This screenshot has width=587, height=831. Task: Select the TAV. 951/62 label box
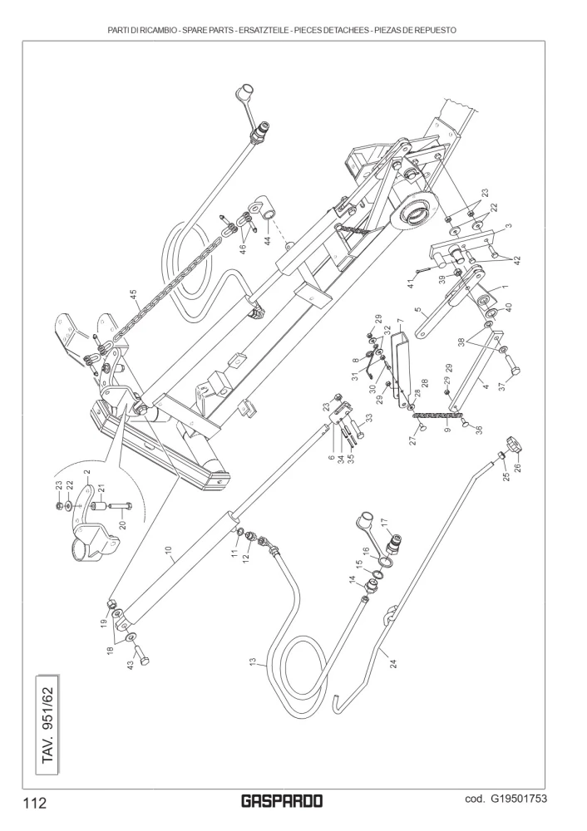(47, 725)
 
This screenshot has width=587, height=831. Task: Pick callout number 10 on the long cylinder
(169, 552)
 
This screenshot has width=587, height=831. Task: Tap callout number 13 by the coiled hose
(254, 662)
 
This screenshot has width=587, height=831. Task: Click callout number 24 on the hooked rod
(393, 662)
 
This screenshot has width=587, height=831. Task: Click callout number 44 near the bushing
(268, 239)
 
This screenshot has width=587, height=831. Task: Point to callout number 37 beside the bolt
(501, 386)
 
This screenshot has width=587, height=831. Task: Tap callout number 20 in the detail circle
(121, 524)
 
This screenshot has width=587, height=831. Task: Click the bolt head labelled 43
(143, 659)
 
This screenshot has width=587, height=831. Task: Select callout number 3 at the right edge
(508, 226)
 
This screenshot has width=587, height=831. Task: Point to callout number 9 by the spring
(447, 430)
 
